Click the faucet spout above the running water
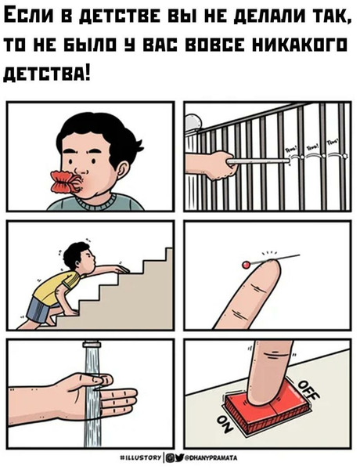pyautogui.click(x=92, y=344)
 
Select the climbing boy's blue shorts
pyautogui.click(x=38, y=309)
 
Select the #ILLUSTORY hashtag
pyautogui.click(x=141, y=458)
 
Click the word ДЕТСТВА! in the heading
pyautogui.click(x=47, y=75)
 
